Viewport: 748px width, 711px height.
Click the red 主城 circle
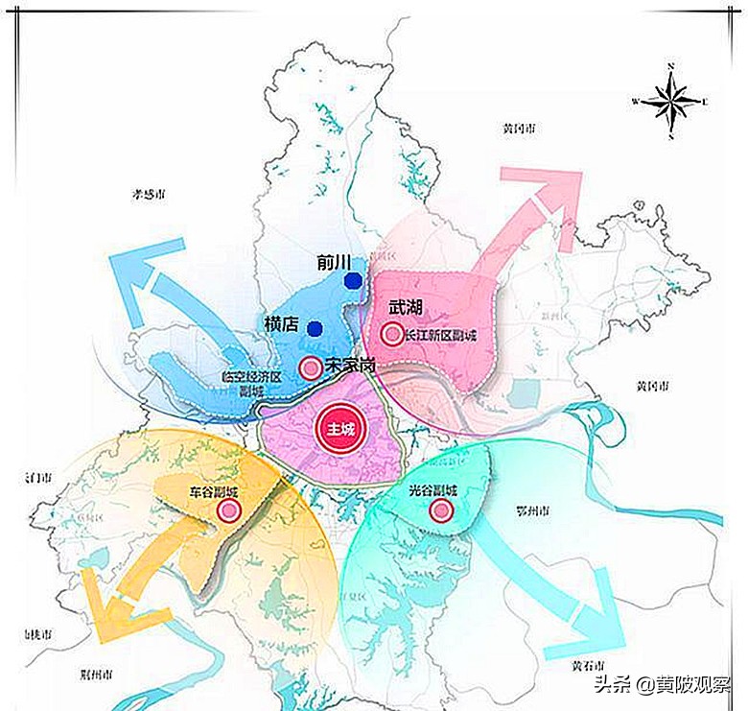point(340,428)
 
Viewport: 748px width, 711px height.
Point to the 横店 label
point(284,324)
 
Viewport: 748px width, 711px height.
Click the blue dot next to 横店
point(314,328)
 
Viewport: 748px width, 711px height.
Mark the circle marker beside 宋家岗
point(310,367)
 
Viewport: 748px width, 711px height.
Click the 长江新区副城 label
point(440,336)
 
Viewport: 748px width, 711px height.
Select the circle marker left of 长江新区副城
point(390,334)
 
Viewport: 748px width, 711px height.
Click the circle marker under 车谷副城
point(228,511)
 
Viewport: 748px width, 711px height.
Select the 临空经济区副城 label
point(251,385)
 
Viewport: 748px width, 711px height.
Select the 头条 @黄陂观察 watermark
point(662,685)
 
